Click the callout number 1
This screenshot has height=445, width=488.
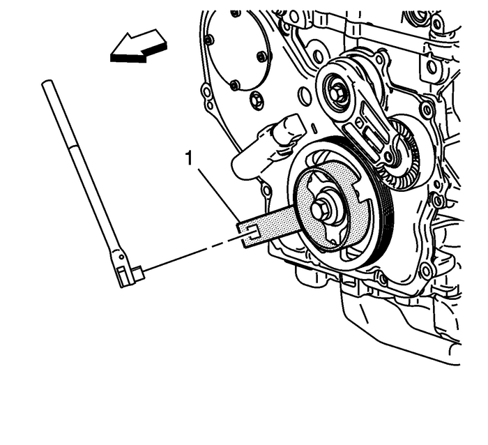click(x=188, y=160)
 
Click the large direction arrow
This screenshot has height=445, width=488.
click(x=139, y=50)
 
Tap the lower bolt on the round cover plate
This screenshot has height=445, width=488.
click(x=235, y=84)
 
